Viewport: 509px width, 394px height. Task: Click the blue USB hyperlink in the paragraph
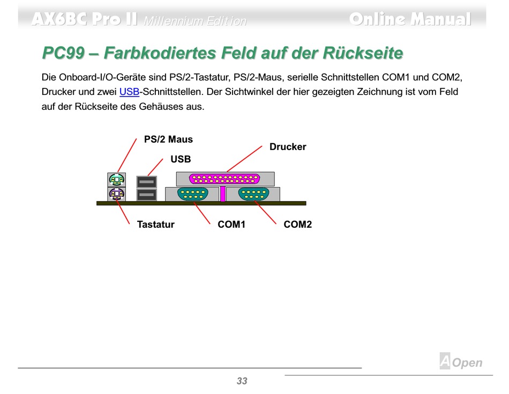129,92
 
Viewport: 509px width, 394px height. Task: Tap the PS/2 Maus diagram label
168,139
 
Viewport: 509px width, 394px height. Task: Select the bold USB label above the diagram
181,159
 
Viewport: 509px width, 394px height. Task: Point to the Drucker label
288,147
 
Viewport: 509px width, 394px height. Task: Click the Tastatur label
155,225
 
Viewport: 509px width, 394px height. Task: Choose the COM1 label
231,225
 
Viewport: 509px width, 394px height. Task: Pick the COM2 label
297,225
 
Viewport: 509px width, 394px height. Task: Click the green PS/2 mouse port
116,180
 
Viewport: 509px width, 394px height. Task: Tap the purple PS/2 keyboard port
116,194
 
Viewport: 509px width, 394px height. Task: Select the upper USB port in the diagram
146,182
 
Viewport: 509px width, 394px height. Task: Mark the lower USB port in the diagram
146,194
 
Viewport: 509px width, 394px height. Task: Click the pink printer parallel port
224,179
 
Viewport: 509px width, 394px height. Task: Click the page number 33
242,381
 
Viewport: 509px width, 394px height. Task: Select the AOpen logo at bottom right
461,362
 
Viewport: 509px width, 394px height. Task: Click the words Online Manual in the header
410,19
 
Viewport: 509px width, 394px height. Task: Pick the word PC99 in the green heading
63,54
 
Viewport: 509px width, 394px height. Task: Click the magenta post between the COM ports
222,194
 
